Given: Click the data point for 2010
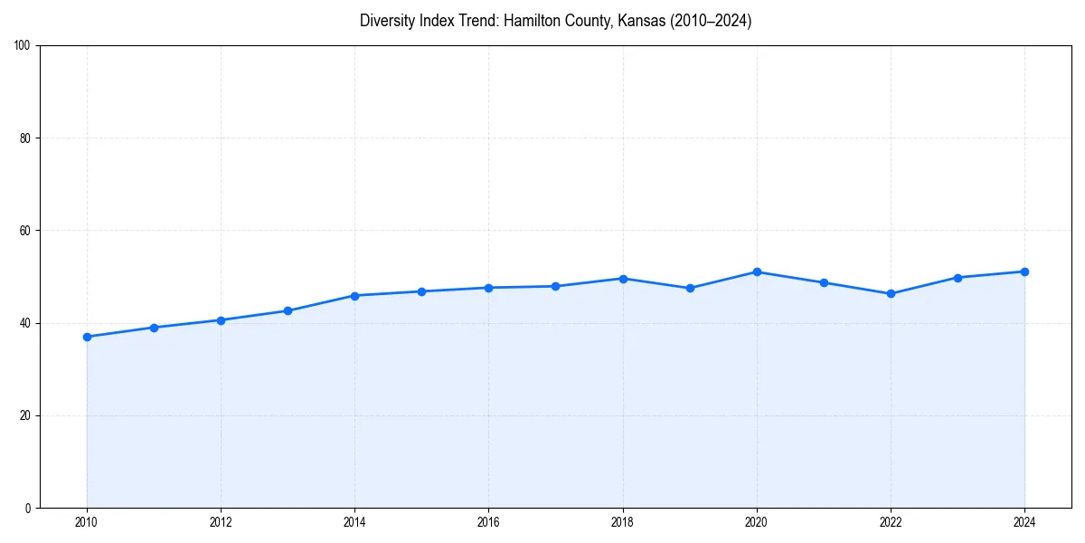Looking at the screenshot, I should point(87,337).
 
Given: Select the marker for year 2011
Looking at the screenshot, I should point(154,328).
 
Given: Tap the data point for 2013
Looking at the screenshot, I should point(288,310).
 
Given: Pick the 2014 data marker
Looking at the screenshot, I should point(354,296).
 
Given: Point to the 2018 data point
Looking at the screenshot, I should point(623,279).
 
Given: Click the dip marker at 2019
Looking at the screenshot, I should point(690,288).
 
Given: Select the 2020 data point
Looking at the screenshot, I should point(757,272).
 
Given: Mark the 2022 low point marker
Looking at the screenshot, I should point(891,293).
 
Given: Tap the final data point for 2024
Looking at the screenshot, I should point(1024,271).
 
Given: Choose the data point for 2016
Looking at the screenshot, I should point(488,288).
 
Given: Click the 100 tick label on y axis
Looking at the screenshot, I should point(23,45).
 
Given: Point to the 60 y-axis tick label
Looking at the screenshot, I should point(25,231).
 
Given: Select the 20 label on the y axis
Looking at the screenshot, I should point(25,415).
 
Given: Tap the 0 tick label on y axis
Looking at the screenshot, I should point(28,508).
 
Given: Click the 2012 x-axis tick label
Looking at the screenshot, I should point(221,522).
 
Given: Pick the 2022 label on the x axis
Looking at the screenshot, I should point(891,522).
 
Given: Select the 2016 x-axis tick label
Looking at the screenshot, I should point(488,522).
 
